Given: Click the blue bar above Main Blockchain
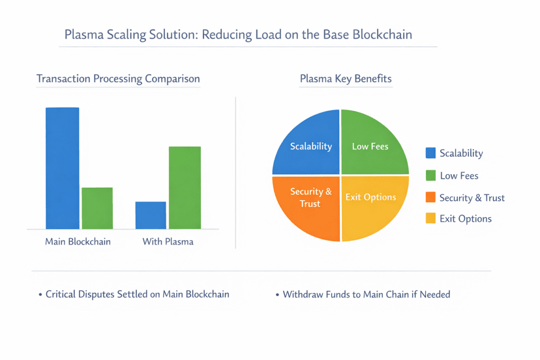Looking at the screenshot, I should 62,168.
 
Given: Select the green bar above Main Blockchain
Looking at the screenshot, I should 97,208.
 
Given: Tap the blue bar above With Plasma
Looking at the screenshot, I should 151,215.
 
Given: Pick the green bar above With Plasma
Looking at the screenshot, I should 185,188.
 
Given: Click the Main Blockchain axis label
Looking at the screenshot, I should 78,242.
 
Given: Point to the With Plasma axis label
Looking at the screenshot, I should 168,242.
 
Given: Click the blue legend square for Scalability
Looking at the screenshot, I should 430,153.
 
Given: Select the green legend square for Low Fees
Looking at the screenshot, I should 430,175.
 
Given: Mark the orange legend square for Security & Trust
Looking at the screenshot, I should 430,198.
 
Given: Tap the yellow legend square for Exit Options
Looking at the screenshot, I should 430,218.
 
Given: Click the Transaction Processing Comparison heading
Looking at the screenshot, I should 118,79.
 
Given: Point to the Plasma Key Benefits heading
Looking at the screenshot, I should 346,79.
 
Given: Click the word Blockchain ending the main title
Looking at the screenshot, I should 382,35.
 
